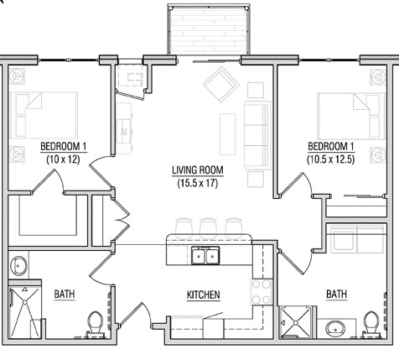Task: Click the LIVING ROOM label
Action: click(198, 170)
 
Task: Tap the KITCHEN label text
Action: click(204, 295)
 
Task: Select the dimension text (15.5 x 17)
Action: click(198, 183)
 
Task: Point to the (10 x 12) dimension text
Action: click(64, 159)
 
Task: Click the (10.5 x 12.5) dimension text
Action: click(331, 159)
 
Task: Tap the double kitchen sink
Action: click(205, 255)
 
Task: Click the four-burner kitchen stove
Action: click(262, 292)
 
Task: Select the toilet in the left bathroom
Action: click(95, 325)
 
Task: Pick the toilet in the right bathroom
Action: click(371, 324)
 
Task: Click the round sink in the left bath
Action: click(18, 265)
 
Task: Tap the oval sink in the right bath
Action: click(335, 329)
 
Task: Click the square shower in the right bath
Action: click(296, 322)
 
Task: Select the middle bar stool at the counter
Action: click(208, 227)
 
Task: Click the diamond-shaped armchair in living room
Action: click(221, 85)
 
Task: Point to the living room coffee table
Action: click(227, 134)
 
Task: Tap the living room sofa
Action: click(257, 135)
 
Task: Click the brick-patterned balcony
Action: click(209, 29)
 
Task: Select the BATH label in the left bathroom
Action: click(65, 295)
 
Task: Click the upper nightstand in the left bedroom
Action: click(17, 76)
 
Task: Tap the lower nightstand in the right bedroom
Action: click(378, 154)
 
